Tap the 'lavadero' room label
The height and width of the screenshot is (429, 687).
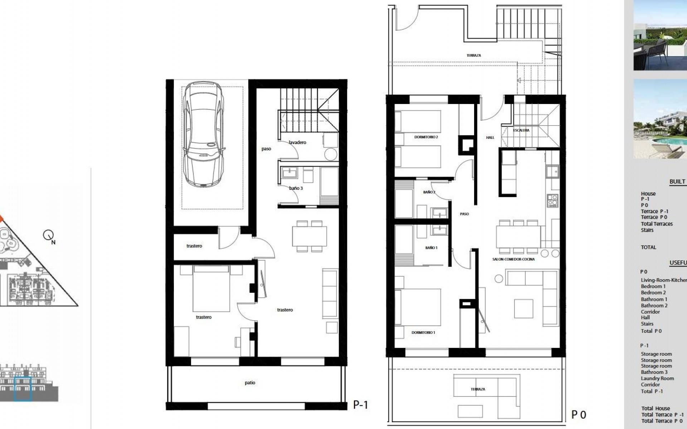tap(297, 142)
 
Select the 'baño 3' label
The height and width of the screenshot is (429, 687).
tap(296, 188)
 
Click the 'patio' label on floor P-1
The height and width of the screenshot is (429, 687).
tap(250, 383)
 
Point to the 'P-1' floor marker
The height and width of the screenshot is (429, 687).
tap(360, 405)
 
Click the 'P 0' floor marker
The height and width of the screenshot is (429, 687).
tap(579, 415)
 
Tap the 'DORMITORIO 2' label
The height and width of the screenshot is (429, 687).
tap(426, 137)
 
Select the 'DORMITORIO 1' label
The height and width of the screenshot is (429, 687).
tap(423, 332)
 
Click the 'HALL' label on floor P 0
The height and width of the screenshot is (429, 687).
tap(490, 137)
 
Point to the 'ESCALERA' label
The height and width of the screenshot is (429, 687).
tap(521, 130)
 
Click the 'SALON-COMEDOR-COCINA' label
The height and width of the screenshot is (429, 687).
tap(513, 259)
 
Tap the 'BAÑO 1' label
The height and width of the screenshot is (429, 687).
tap(431, 248)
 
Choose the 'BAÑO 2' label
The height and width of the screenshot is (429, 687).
tap(429, 192)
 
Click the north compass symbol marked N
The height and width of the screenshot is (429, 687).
tap(48, 236)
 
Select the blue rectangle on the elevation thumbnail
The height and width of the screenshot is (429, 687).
tap(23, 389)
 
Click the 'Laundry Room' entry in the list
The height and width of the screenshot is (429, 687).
tap(657, 378)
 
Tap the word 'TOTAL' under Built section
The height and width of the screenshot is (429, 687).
tap(648, 247)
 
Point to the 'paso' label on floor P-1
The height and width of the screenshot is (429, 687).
tap(266, 149)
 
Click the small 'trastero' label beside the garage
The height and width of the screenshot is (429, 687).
tap(194, 246)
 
